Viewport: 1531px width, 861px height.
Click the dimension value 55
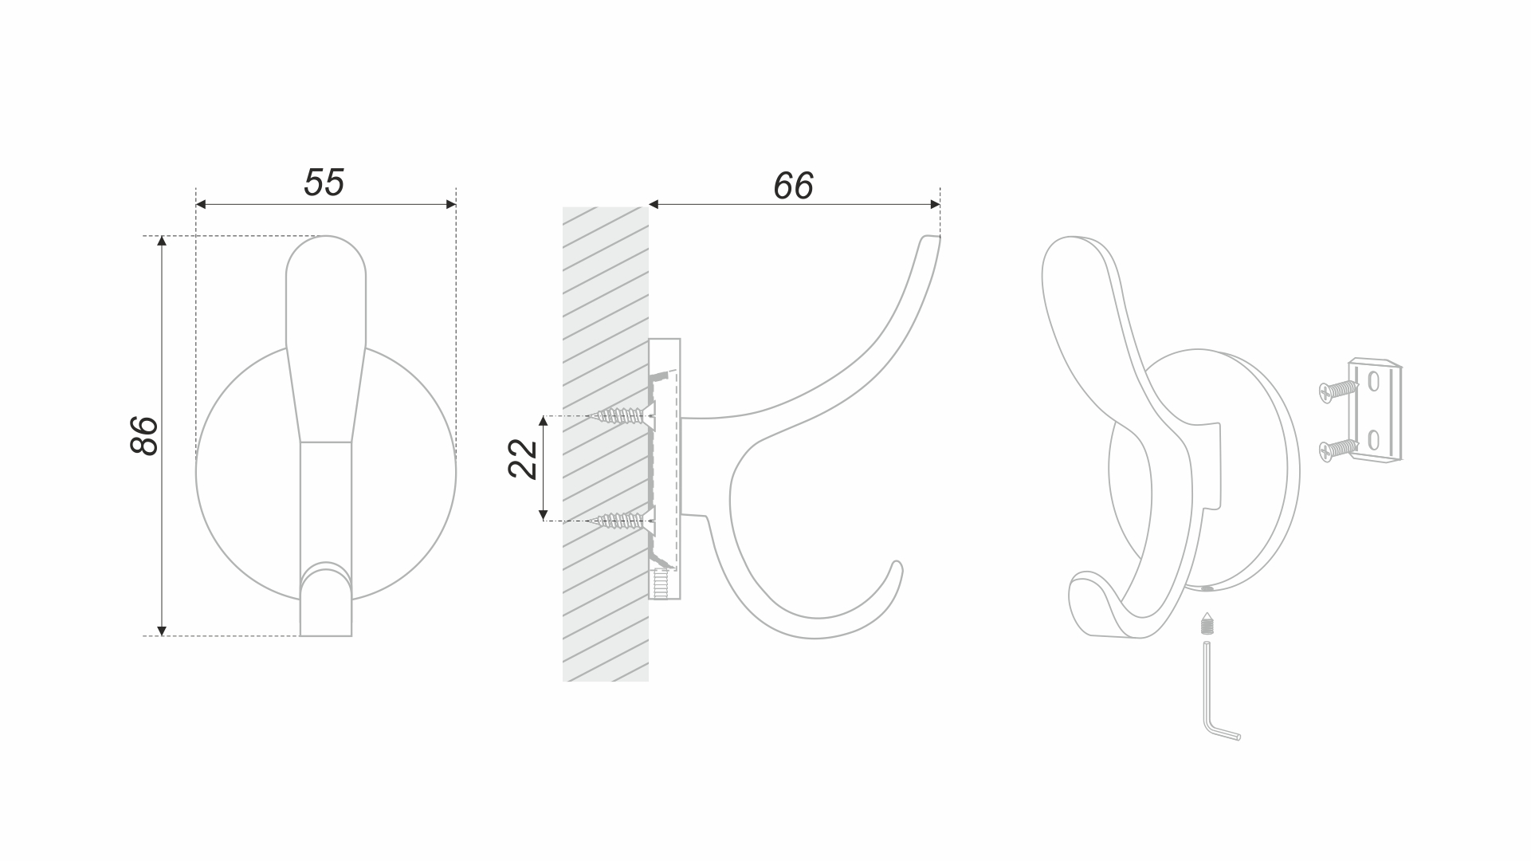point(324,183)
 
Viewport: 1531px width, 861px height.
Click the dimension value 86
point(144,435)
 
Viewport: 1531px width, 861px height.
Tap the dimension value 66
point(793,186)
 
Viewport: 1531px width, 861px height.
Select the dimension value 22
point(523,459)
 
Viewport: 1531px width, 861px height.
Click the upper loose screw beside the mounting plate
point(1338,390)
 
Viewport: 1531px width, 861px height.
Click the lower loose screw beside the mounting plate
point(1338,450)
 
